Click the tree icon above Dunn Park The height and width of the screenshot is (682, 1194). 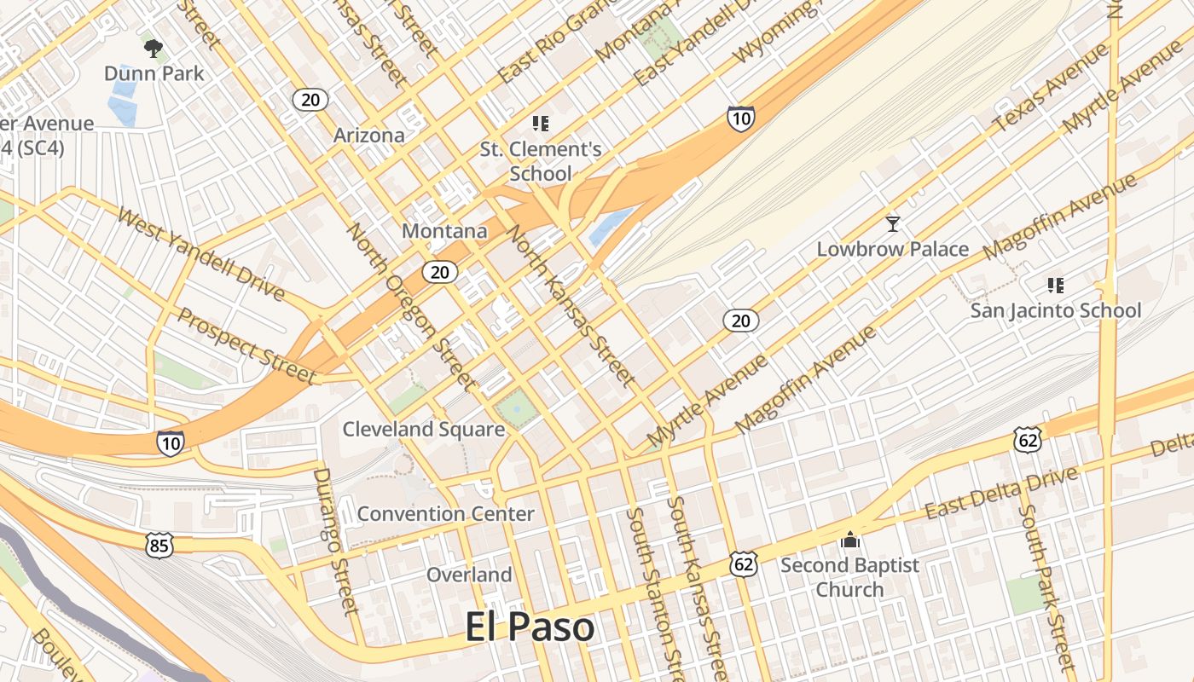point(154,49)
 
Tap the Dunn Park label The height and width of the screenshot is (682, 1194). point(154,73)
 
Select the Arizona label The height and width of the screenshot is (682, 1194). point(368,136)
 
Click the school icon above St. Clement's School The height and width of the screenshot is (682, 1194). point(540,124)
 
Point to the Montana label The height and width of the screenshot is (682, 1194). point(444,231)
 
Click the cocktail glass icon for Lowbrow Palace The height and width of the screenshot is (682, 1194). point(893,224)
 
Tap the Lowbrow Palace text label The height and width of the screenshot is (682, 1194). point(893,249)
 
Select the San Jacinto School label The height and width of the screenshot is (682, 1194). point(1055,310)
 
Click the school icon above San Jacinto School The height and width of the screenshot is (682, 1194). point(1056,286)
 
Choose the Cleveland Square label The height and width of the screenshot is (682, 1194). point(424,429)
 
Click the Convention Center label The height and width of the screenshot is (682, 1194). point(445,513)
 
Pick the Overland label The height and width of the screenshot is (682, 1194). point(469,575)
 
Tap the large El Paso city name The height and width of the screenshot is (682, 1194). point(530,627)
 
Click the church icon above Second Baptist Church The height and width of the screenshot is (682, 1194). point(850,540)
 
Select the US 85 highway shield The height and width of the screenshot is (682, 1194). point(159,546)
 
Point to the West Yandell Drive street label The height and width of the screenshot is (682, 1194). point(200,253)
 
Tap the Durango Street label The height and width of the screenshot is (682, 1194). point(336,540)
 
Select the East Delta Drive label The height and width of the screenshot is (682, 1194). point(995,494)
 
